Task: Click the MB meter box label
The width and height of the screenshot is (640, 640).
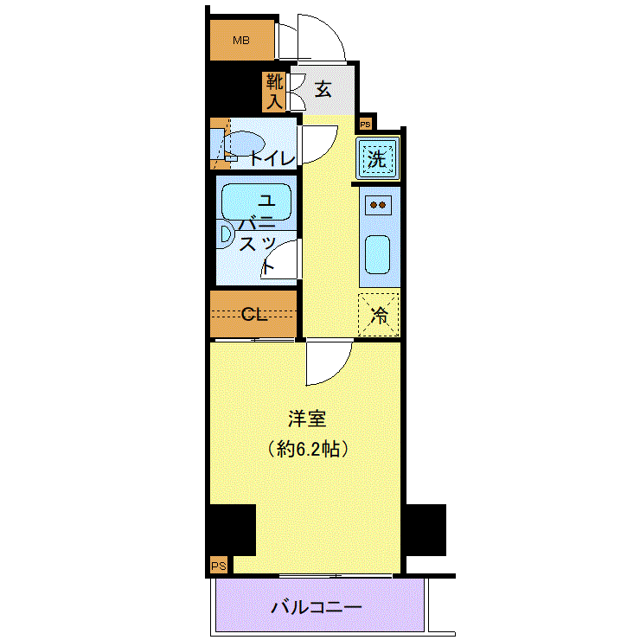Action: tap(240, 41)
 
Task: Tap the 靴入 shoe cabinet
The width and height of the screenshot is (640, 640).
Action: tap(275, 93)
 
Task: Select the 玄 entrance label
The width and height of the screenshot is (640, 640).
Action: tap(323, 89)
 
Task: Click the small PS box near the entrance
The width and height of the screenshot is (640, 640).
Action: tap(365, 124)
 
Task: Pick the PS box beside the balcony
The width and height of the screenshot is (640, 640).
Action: tap(219, 566)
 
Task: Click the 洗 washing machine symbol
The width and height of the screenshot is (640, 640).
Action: tap(377, 158)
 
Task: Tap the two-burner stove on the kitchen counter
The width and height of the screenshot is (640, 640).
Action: tap(378, 205)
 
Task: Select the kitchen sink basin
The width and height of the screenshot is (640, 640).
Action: tap(377, 254)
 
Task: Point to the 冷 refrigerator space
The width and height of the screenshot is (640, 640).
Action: tap(378, 315)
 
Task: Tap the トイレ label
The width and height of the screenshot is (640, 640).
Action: tap(272, 158)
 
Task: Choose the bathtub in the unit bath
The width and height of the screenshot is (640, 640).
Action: tap(256, 202)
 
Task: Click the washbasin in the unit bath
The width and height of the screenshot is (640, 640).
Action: tap(225, 234)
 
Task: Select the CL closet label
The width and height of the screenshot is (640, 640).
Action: tap(253, 314)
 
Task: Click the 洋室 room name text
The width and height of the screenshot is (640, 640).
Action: tap(307, 419)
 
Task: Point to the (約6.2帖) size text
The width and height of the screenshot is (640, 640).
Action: tap(308, 449)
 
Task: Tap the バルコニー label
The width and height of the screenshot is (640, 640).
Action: tap(317, 607)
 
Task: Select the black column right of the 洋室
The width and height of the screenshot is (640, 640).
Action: tap(426, 530)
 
